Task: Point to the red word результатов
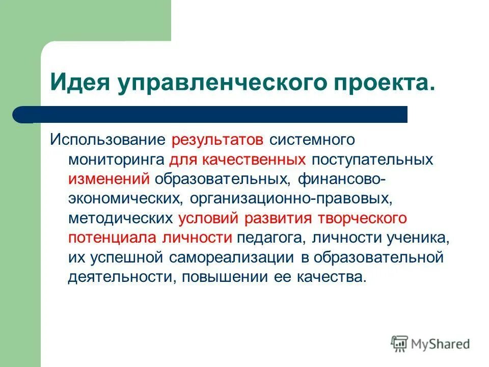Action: coord(218,139)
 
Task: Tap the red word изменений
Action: coord(108,179)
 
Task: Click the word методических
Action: coord(120,218)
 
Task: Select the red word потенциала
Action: coord(112,238)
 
